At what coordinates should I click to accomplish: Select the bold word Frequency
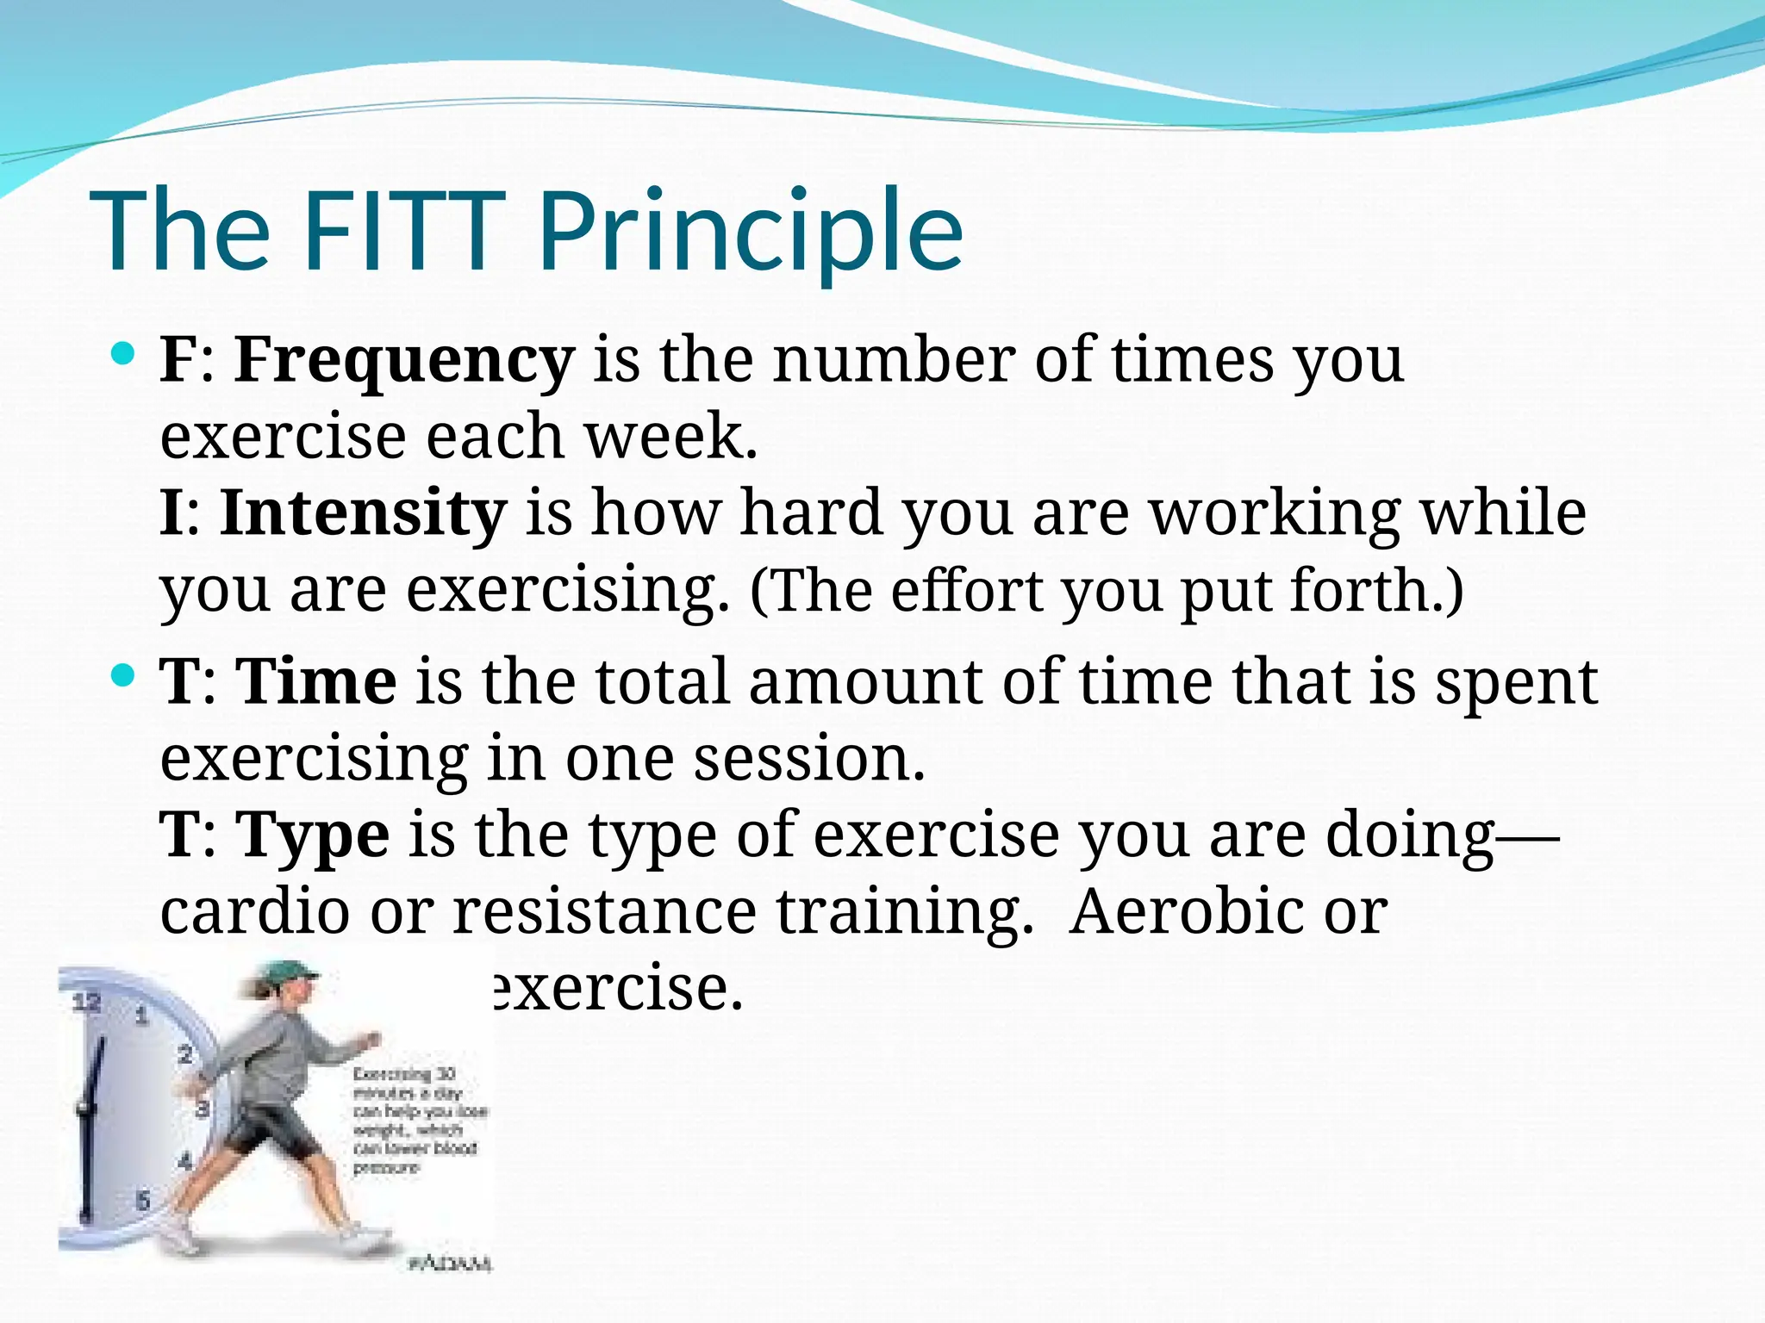pos(404,360)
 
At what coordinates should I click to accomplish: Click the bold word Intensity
pos(363,513)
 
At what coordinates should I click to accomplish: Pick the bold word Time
pos(316,682)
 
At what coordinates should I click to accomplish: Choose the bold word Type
pos(312,835)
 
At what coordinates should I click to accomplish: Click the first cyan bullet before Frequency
pos(124,354)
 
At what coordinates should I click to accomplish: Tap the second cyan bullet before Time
pos(124,676)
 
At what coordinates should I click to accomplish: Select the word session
pos(809,759)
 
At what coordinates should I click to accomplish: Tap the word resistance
pos(603,912)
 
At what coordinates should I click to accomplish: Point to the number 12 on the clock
pos(87,1003)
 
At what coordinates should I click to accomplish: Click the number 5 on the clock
pos(143,1200)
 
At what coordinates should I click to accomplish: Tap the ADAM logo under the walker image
pos(450,1264)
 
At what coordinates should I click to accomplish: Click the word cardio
pos(255,912)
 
